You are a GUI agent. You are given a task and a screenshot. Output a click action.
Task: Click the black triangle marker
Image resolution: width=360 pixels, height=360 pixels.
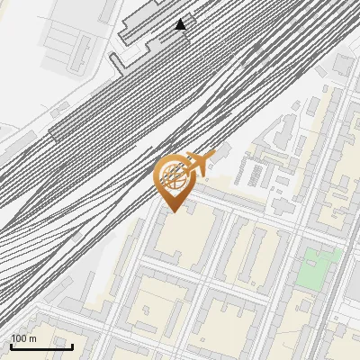(x=181, y=24)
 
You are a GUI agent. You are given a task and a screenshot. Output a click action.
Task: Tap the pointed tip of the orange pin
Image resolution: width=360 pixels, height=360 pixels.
(x=172, y=211)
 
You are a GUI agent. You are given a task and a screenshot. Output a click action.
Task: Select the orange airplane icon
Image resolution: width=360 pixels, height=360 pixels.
(x=196, y=164)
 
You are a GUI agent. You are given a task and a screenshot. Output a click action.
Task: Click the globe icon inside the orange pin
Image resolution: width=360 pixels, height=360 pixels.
(x=172, y=177)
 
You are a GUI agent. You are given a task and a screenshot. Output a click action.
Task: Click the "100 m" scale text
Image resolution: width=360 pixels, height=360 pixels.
(x=23, y=338)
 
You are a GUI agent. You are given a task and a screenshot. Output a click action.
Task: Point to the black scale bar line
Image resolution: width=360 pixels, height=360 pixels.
(x=40, y=346)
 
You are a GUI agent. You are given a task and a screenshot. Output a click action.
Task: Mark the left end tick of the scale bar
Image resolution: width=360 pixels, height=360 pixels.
(x=10, y=346)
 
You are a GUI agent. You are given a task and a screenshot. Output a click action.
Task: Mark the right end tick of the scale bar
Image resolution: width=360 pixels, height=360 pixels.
(x=72, y=346)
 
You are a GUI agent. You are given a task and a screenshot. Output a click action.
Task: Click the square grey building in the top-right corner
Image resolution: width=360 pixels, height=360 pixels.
(x=343, y=64)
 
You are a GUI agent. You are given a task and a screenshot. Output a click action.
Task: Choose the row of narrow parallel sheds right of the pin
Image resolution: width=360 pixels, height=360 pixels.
(x=257, y=173)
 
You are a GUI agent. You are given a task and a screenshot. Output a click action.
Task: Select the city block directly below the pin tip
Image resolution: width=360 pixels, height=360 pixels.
(x=184, y=238)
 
